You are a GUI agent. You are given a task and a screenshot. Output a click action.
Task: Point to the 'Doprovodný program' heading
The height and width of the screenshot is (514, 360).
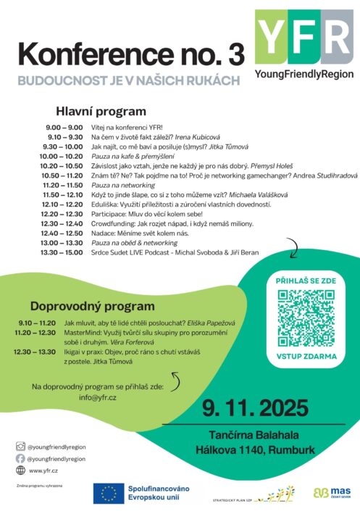[x=92, y=306]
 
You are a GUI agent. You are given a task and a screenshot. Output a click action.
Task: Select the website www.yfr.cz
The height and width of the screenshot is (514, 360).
[x=43, y=471]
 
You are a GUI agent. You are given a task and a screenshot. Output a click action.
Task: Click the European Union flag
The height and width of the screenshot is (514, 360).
[x=109, y=493]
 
